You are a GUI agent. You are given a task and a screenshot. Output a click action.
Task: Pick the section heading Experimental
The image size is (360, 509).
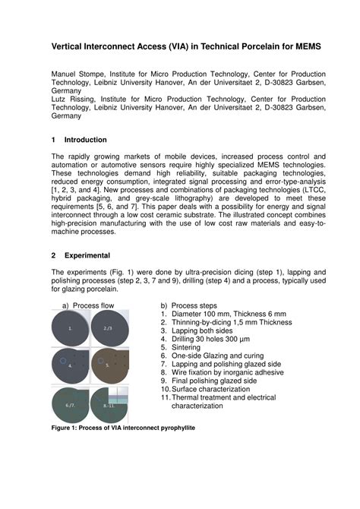pos(87,255)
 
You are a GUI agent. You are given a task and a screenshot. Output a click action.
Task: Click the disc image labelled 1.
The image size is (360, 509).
pos(71,329)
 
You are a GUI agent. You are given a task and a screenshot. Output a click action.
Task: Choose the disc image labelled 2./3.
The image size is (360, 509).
pos(109,329)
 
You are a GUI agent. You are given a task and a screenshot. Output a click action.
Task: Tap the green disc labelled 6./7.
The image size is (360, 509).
pos(71,404)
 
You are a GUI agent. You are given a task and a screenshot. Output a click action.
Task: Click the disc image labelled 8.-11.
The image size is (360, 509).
pos(110,404)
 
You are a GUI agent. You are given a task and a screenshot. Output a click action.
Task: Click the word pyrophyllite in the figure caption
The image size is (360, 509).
pos(172,428)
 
